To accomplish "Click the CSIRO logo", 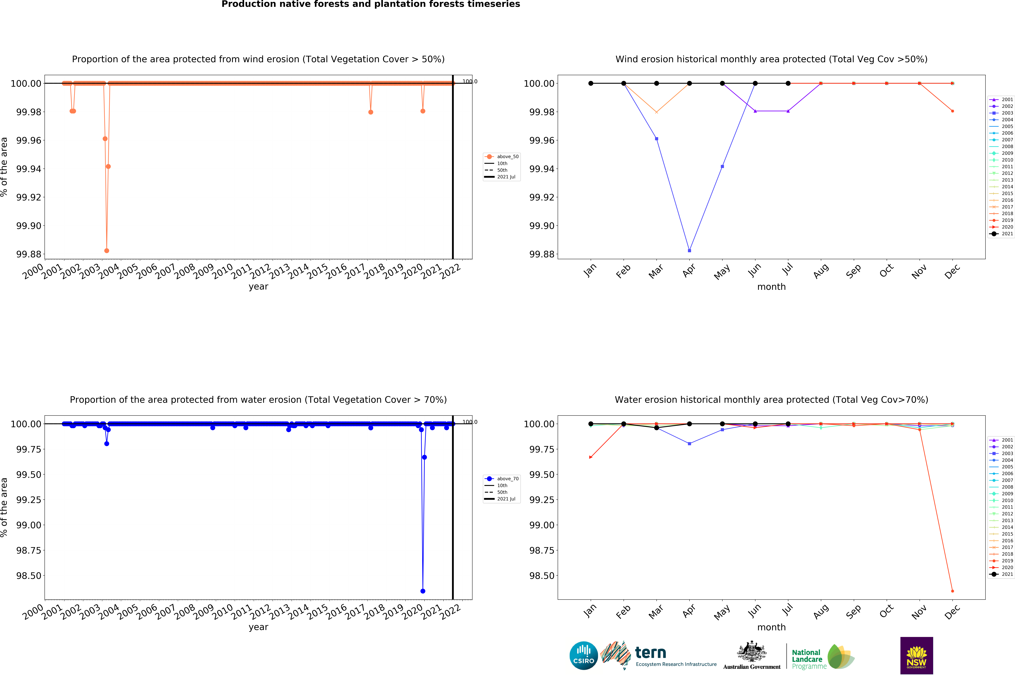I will click(x=583, y=655).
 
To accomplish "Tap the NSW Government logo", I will click(x=916, y=655).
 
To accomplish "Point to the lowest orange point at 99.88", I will click(x=107, y=251).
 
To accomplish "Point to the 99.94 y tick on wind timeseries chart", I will click(x=29, y=169).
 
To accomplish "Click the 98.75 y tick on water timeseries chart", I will click(x=29, y=550).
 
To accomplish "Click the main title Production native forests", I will click(x=371, y=4).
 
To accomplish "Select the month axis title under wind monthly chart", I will click(x=771, y=287).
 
